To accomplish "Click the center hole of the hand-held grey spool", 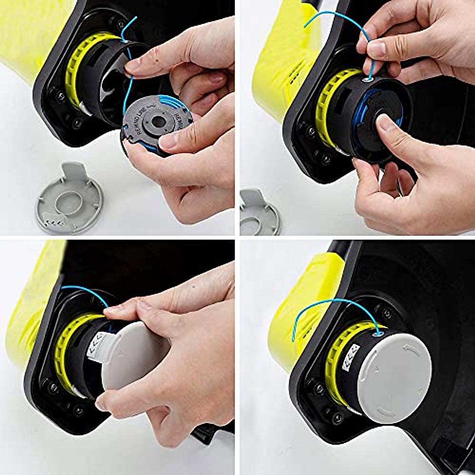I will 158,121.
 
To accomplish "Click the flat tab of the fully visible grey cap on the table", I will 74,171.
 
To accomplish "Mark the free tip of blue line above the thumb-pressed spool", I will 306,26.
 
